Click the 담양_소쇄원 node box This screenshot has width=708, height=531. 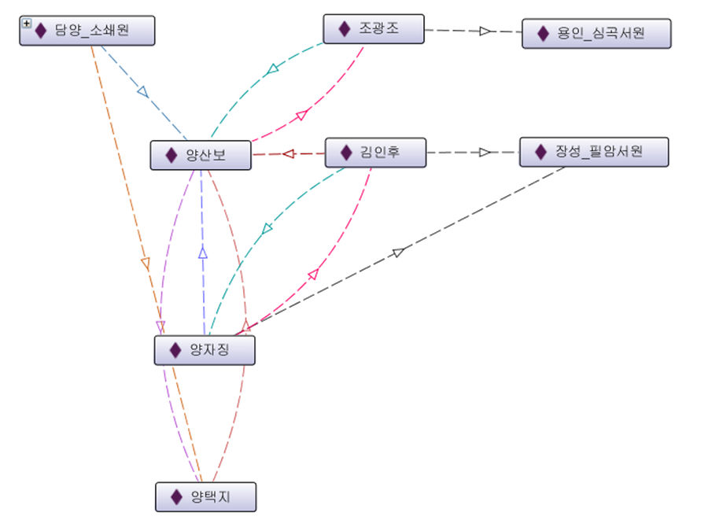pos(87,31)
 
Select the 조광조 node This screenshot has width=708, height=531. pos(374,29)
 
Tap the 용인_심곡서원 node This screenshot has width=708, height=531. pos(596,34)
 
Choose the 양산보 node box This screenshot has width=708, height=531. pos(201,155)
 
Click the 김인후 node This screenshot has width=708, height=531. pos(375,152)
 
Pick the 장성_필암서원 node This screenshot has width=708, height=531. pos(594,152)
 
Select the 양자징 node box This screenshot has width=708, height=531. pos(205,350)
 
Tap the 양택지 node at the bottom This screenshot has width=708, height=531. pos(205,497)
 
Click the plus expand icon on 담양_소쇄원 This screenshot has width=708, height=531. pos(27,24)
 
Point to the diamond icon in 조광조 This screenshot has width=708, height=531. pos(344,29)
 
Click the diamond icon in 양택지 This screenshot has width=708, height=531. pos(176,497)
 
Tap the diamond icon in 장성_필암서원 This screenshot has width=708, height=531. pos(540,152)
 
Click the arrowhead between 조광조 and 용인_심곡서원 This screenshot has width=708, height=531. pos(485,31)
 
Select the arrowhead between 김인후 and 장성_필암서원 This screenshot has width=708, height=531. pos(485,153)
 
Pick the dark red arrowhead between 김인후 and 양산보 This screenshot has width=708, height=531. pos(288,153)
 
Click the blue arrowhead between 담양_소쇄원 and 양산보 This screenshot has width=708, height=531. pos(142,91)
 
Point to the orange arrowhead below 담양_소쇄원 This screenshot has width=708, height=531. pos(145,264)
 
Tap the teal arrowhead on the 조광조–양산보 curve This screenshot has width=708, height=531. pos(272,69)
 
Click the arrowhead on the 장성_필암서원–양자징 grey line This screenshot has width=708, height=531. pos(398,253)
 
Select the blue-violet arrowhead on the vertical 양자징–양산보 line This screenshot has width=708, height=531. pos(202,253)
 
